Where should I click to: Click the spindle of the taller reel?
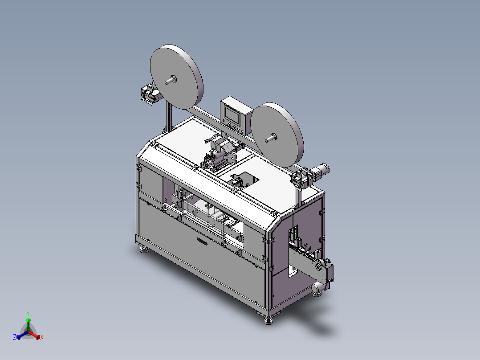click(x=171, y=80)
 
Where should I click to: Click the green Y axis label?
click(x=28, y=313)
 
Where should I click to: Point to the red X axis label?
click(x=42, y=337)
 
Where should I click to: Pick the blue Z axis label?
click(x=15, y=337)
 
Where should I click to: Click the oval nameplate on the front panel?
click(x=202, y=241)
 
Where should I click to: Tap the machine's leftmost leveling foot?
click(x=144, y=250)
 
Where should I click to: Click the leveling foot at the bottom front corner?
click(x=268, y=320)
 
